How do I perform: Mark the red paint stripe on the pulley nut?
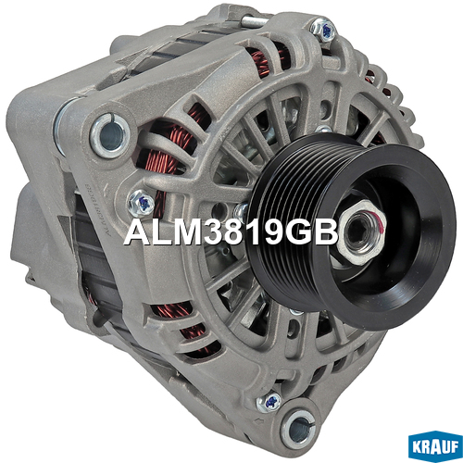381,219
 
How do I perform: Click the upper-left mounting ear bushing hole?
108,135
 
